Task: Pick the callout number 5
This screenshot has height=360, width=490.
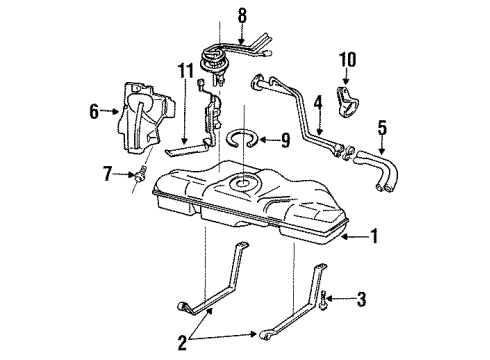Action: tap(381, 127)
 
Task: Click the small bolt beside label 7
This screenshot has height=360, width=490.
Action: tap(139, 176)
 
